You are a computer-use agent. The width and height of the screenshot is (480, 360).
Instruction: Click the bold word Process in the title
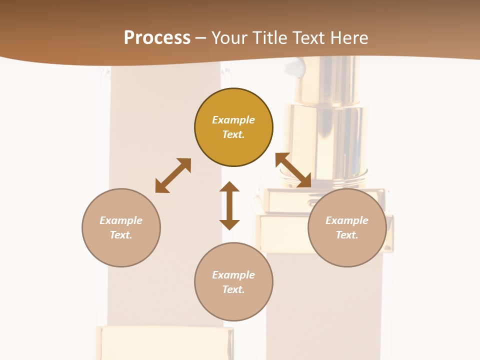pyautogui.click(x=157, y=38)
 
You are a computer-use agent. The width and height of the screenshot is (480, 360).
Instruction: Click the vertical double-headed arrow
pyautogui.click(x=229, y=205)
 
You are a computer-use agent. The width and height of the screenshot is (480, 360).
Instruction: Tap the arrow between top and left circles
pyautogui.click(x=173, y=175)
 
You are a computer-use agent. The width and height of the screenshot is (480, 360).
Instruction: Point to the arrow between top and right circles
pyautogui.click(x=293, y=170)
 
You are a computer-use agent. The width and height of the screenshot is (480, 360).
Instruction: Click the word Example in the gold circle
pyautogui.click(x=233, y=120)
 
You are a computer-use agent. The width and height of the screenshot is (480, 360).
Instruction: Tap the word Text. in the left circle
pyautogui.click(x=121, y=235)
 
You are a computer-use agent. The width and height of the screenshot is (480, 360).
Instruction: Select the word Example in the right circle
pyautogui.click(x=347, y=220)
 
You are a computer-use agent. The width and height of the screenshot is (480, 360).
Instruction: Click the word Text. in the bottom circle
pyautogui.click(x=233, y=289)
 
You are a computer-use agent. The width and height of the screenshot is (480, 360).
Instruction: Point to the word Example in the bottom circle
pyautogui.click(x=233, y=275)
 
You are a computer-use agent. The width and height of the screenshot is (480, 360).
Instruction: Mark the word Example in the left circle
pyautogui.click(x=121, y=220)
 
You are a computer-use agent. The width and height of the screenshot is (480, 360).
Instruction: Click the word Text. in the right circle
pyautogui.click(x=347, y=235)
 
